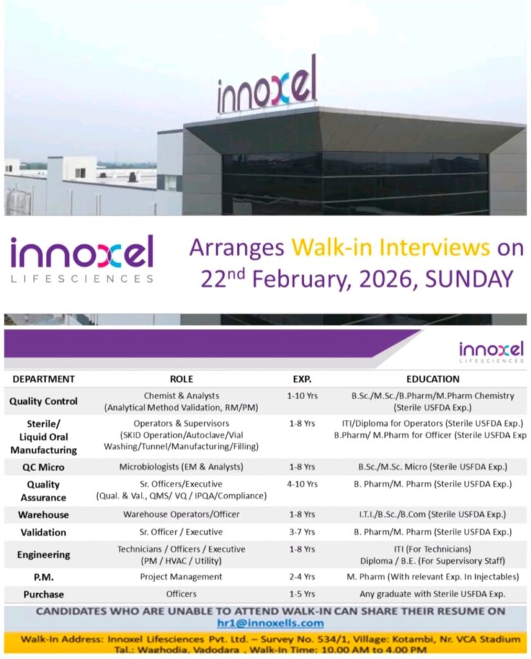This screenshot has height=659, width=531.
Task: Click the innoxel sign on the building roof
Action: click(267, 86)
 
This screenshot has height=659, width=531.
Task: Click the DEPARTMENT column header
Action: click(44, 379)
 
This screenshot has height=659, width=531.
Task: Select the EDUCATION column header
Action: click(433, 379)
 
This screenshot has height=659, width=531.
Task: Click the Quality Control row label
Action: click(43, 401)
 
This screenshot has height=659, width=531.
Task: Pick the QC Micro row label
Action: click(43, 467)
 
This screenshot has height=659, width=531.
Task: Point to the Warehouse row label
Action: click(43, 515)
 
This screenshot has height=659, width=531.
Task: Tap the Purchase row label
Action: click(43, 594)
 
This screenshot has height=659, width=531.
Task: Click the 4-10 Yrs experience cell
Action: click(302, 484)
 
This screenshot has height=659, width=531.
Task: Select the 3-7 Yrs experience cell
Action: click(302, 532)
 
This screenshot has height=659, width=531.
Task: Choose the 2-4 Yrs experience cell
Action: click(302, 577)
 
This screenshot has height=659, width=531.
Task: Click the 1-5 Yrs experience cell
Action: click(302, 594)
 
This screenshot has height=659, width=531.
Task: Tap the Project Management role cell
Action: click(181, 577)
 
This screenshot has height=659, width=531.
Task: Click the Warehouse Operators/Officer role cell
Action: click(181, 514)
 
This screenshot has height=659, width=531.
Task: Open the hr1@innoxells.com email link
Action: click(270, 623)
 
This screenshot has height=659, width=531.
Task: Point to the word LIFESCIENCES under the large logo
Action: click(82, 279)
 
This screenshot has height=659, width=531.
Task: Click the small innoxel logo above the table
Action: click(491, 351)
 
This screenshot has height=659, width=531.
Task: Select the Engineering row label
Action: click(43, 554)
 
